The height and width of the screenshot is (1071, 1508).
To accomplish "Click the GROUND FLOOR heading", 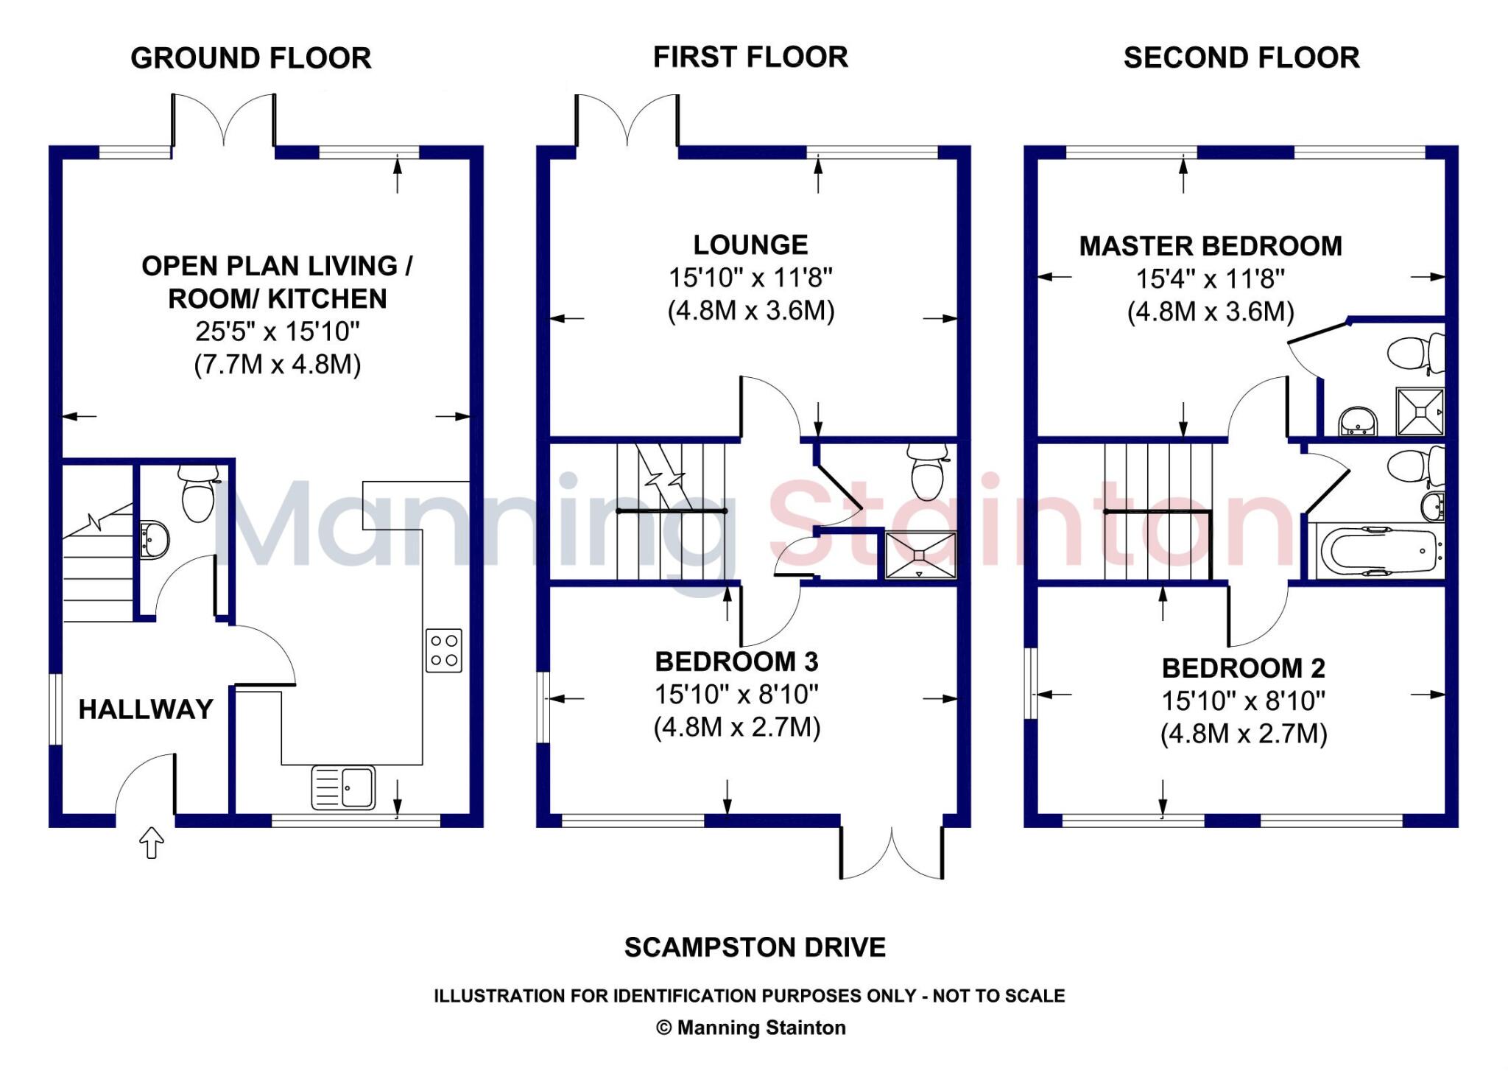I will [250, 58].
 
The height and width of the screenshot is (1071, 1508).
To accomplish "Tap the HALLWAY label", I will [146, 709].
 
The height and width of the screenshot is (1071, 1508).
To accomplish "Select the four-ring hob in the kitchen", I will [444, 650].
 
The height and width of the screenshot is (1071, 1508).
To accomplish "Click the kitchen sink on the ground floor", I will [343, 787].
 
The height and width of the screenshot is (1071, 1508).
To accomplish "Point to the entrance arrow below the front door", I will [152, 842].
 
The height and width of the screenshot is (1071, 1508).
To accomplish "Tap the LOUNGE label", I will [750, 245].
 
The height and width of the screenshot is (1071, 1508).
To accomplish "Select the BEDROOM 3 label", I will [736, 661].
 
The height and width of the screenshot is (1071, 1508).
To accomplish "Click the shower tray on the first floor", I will [920, 555].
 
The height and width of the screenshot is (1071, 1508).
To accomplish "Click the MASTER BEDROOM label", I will [1211, 246].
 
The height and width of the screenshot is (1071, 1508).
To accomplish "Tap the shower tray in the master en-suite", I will [1420, 412].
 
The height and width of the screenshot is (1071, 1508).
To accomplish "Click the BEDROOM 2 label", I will [1243, 668].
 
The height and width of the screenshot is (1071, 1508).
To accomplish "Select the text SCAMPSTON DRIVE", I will [755, 947].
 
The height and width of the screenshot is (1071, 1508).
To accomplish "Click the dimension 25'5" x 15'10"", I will [277, 331].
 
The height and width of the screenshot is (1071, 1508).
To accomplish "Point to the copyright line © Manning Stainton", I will [750, 1028].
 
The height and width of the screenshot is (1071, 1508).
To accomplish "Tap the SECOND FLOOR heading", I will [1241, 58].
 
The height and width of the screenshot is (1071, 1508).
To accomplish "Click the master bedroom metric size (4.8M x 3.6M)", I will [1211, 312].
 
